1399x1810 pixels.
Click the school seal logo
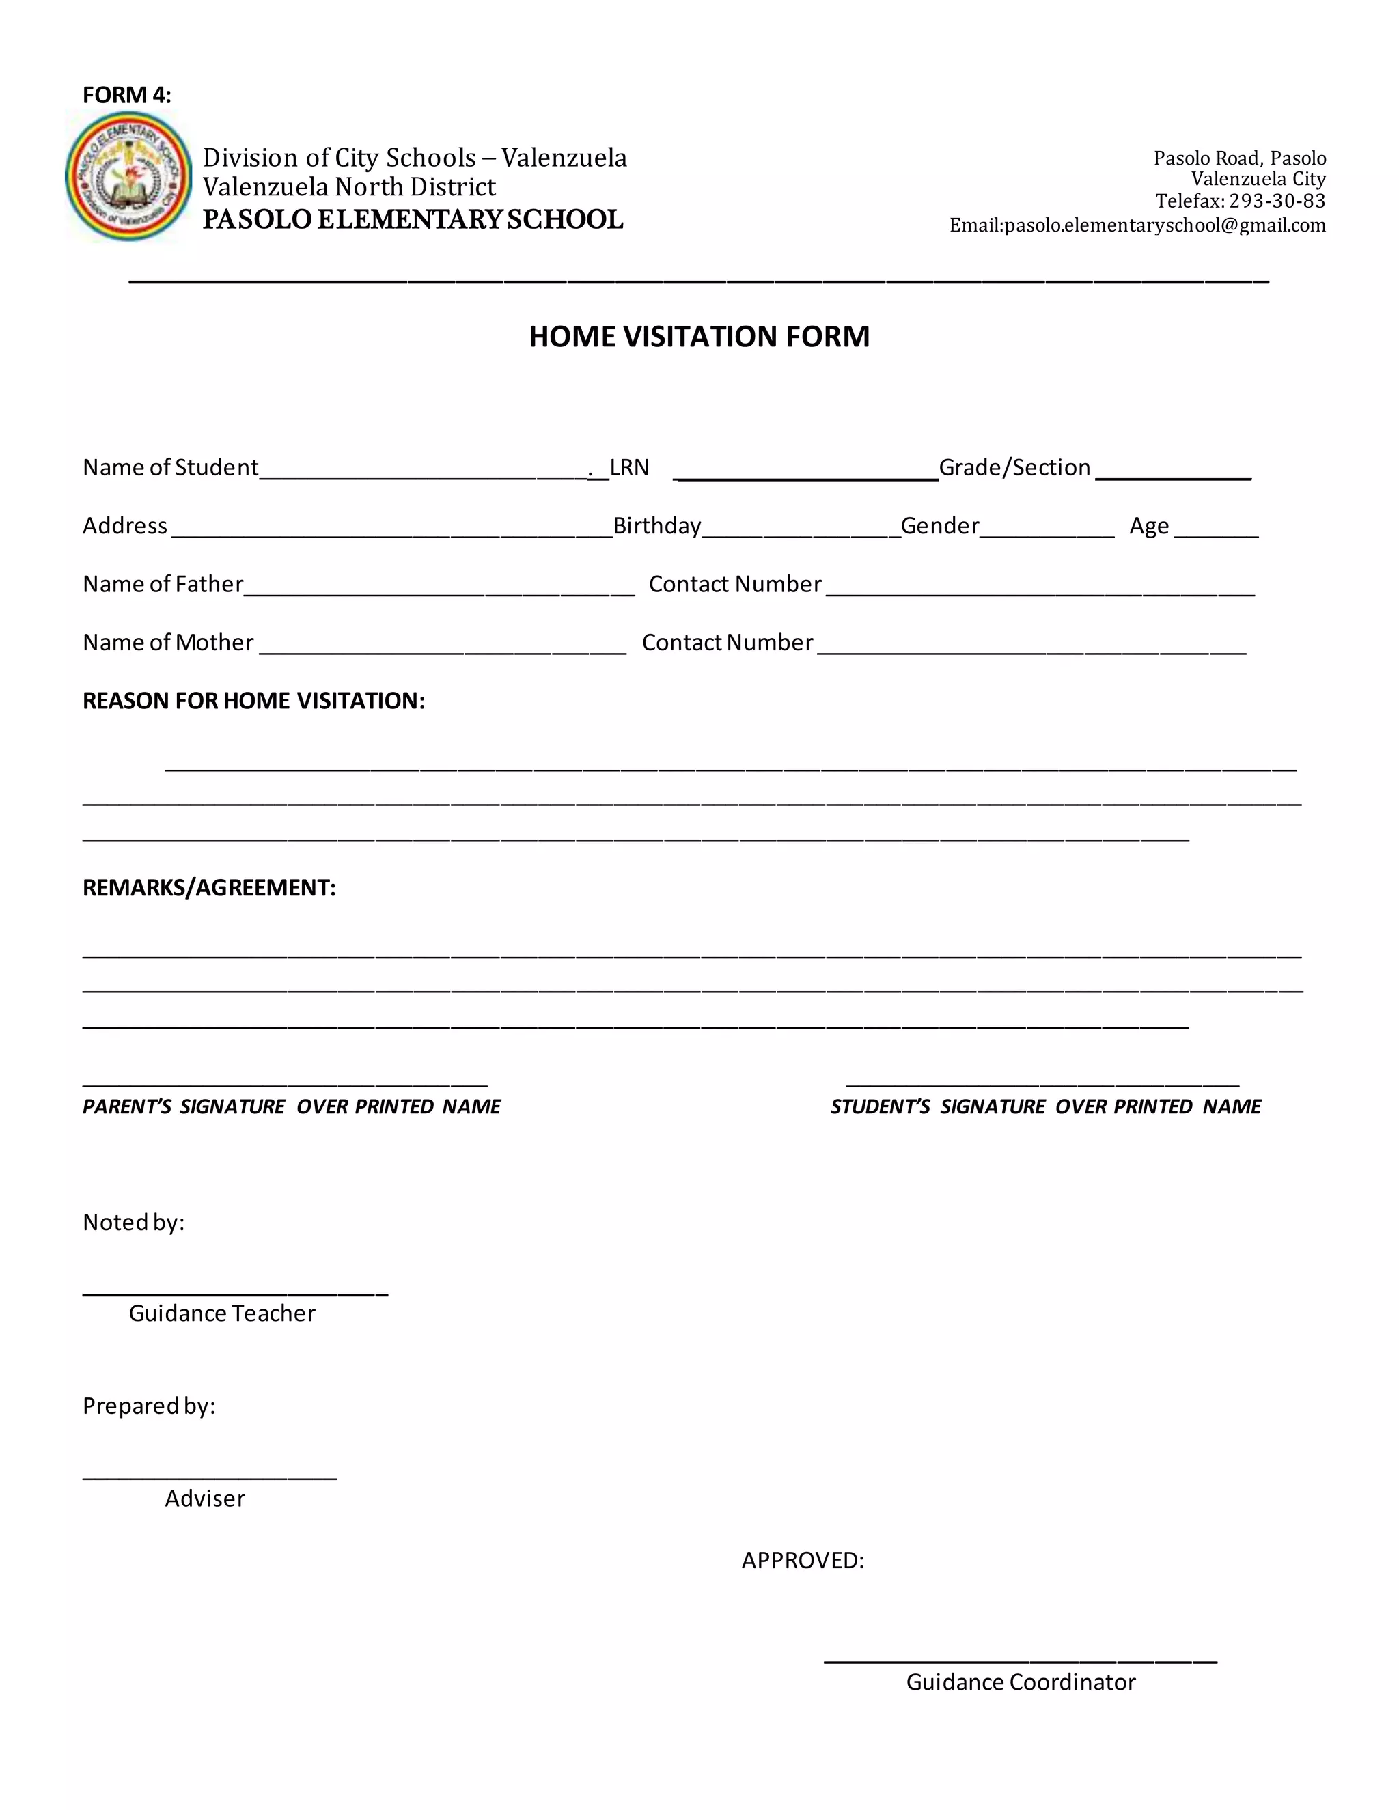[128, 176]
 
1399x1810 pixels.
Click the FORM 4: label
[127, 96]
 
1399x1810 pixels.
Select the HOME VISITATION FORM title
[699, 337]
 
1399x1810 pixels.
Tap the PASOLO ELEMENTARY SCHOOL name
[413, 220]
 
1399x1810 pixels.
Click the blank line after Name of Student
[423, 473]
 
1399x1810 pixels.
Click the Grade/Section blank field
[1173, 473]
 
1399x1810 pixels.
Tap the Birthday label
[656, 526]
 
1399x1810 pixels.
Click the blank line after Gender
[1047, 531]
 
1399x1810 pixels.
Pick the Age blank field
[1216, 531]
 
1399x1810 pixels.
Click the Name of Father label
[163, 584]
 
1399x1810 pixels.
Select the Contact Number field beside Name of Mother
[1032, 648]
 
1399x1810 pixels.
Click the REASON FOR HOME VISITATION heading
[253, 701]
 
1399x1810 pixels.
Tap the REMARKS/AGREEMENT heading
[209, 888]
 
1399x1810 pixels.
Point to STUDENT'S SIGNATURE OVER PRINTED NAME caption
[1045, 1107]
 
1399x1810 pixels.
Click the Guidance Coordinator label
[1021, 1682]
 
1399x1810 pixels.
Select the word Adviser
[205, 1499]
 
